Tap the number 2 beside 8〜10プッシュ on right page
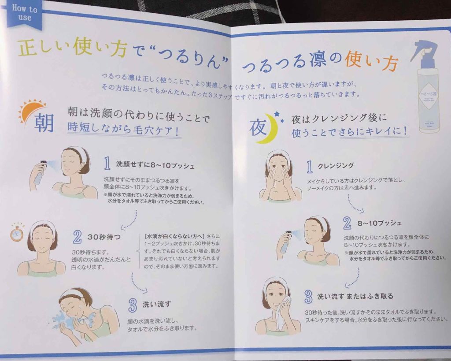point(347,223)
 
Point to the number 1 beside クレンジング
point(310,166)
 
